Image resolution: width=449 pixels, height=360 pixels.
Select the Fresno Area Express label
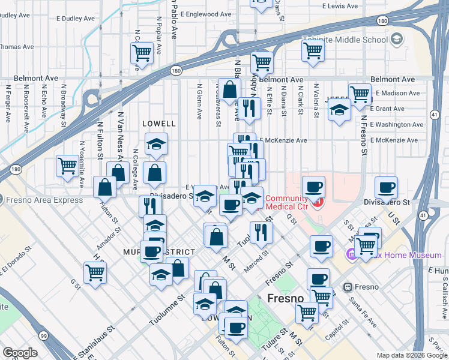[x=44, y=200]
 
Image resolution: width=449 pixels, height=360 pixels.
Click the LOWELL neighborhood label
[x=158, y=124]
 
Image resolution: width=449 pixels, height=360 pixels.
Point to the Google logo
[x=20, y=353]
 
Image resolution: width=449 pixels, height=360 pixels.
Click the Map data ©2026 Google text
[x=412, y=355]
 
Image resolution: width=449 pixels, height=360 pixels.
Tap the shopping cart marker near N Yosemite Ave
[x=67, y=166]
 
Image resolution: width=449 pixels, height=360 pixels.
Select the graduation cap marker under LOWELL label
[x=156, y=145]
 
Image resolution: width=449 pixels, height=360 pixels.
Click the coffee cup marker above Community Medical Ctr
[x=313, y=187]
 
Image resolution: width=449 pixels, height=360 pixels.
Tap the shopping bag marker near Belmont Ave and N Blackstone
[x=230, y=90]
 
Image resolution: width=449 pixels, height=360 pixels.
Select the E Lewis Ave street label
[x=340, y=5]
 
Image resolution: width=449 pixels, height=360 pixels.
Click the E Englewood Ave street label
[x=205, y=14]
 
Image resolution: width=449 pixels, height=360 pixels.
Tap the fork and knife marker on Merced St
[x=260, y=232]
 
